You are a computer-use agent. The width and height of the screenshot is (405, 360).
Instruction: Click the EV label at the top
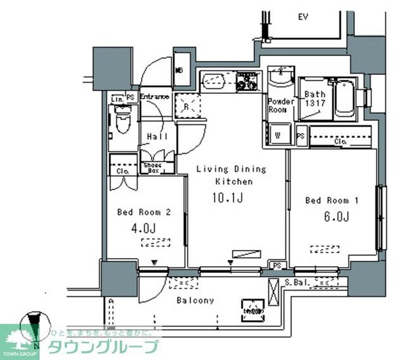tap(303, 17)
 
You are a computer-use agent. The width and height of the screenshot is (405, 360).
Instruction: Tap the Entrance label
tap(154, 97)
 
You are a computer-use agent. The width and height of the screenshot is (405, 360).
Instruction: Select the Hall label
tap(157, 136)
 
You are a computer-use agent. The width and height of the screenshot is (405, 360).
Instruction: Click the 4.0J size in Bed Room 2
tap(146, 228)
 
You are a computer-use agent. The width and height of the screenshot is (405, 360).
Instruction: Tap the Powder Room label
tap(281, 105)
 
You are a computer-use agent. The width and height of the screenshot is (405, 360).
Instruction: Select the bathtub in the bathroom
tap(345, 99)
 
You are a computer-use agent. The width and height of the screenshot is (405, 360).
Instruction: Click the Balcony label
tap(196, 301)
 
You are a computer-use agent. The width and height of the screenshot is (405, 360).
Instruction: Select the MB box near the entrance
tap(180, 70)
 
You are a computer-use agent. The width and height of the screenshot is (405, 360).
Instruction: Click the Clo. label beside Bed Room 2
tap(122, 171)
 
